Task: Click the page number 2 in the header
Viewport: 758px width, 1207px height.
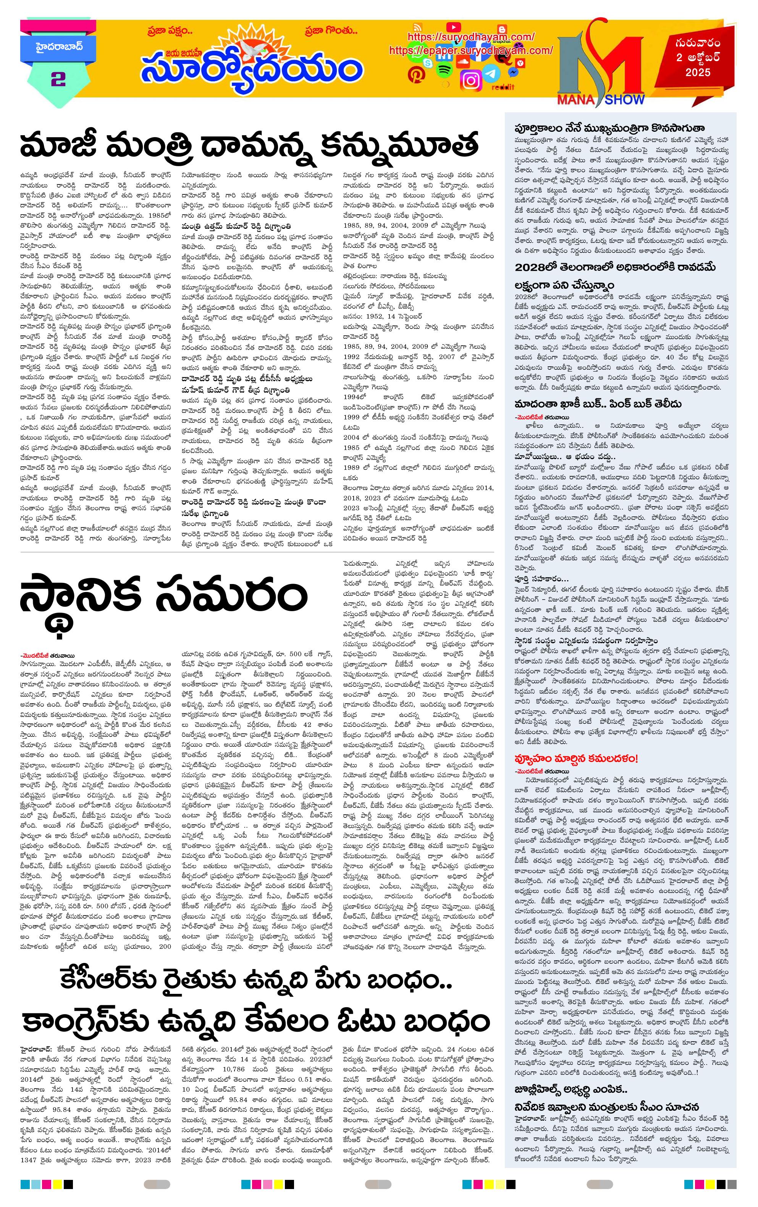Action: coord(58,79)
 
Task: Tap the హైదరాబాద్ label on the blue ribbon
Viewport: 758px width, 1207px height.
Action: coord(59,48)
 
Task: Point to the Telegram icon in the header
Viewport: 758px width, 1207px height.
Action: coord(491,74)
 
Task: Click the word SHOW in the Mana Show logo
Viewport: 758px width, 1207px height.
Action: coord(624,99)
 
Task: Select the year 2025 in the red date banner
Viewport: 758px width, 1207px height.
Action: coord(698,72)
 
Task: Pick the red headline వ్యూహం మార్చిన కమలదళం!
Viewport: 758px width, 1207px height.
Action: coord(576,757)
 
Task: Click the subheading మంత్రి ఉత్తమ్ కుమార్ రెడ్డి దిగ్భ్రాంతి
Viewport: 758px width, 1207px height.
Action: coord(236,227)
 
